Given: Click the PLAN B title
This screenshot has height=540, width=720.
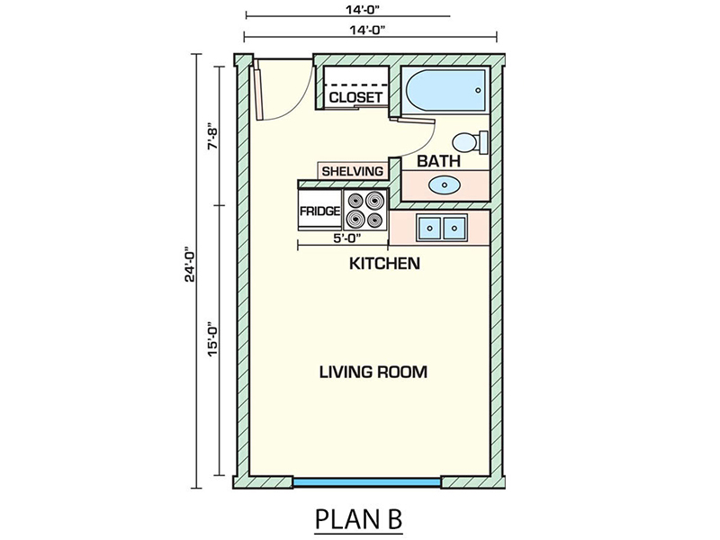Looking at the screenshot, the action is pyautogui.click(x=358, y=518).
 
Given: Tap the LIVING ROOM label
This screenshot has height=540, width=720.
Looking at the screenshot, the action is pyautogui.click(x=373, y=372).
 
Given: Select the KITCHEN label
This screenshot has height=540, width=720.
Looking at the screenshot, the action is pyautogui.click(x=385, y=264).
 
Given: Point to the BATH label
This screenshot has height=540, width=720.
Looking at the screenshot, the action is pyautogui.click(x=438, y=161).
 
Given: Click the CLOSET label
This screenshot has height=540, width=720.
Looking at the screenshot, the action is pyautogui.click(x=355, y=97).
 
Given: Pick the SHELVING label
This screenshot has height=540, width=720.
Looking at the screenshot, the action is pyautogui.click(x=352, y=171).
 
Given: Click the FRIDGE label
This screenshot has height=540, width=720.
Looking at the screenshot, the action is pyautogui.click(x=320, y=211).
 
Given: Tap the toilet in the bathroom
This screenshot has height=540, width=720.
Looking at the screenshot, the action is pyautogui.click(x=470, y=142).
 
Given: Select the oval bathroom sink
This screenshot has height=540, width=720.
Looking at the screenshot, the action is pyautogui.click(x=445, y=185).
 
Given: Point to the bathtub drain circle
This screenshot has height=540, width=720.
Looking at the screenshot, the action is pyautogui.click(x=478, y=91).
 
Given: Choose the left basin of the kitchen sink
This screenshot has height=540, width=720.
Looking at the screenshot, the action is pyautogui.click(x=430, y=228).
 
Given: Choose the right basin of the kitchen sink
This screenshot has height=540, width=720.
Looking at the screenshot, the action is pyautogui.click(x=454, y=228).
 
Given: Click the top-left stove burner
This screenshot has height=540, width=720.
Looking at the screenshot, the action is pyautogui.click(x=355, y=200).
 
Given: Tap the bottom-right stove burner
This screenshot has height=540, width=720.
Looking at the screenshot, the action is pyautogui.click(x=375, y=220).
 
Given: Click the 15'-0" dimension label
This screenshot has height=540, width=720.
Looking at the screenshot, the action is pyautogui.click(x=212, y=339).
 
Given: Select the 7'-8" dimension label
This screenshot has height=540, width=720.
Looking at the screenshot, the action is pyautogui.click(x=212, y=136).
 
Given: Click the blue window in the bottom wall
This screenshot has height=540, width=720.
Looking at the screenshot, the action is pyautogui.click(x=367, y=482).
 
